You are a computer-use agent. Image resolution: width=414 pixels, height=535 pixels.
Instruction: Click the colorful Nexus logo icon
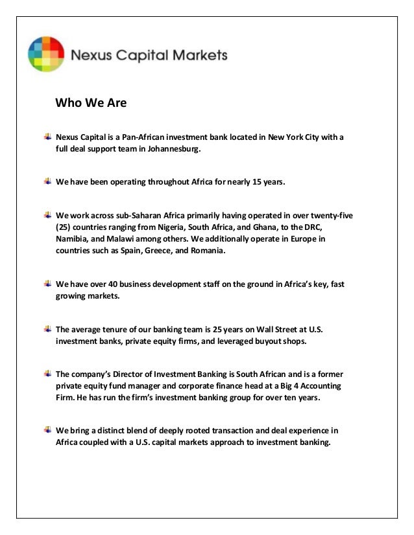click(46, 54)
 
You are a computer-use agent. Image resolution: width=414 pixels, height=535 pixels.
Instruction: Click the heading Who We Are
click(91, 102)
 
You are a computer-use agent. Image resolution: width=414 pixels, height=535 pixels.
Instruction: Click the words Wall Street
click(269, 329)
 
